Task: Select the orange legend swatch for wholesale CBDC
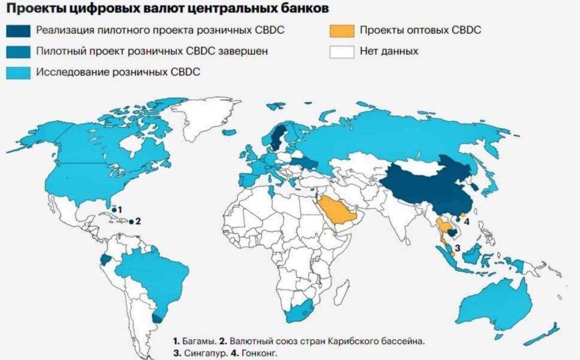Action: click(341, 30)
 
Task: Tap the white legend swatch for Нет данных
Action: click(341, 51)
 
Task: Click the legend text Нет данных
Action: click(389, 51)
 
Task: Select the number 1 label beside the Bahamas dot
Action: click(120, 209)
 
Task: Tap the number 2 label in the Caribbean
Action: click(138, 221)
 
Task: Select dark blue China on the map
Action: click(430, 187)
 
